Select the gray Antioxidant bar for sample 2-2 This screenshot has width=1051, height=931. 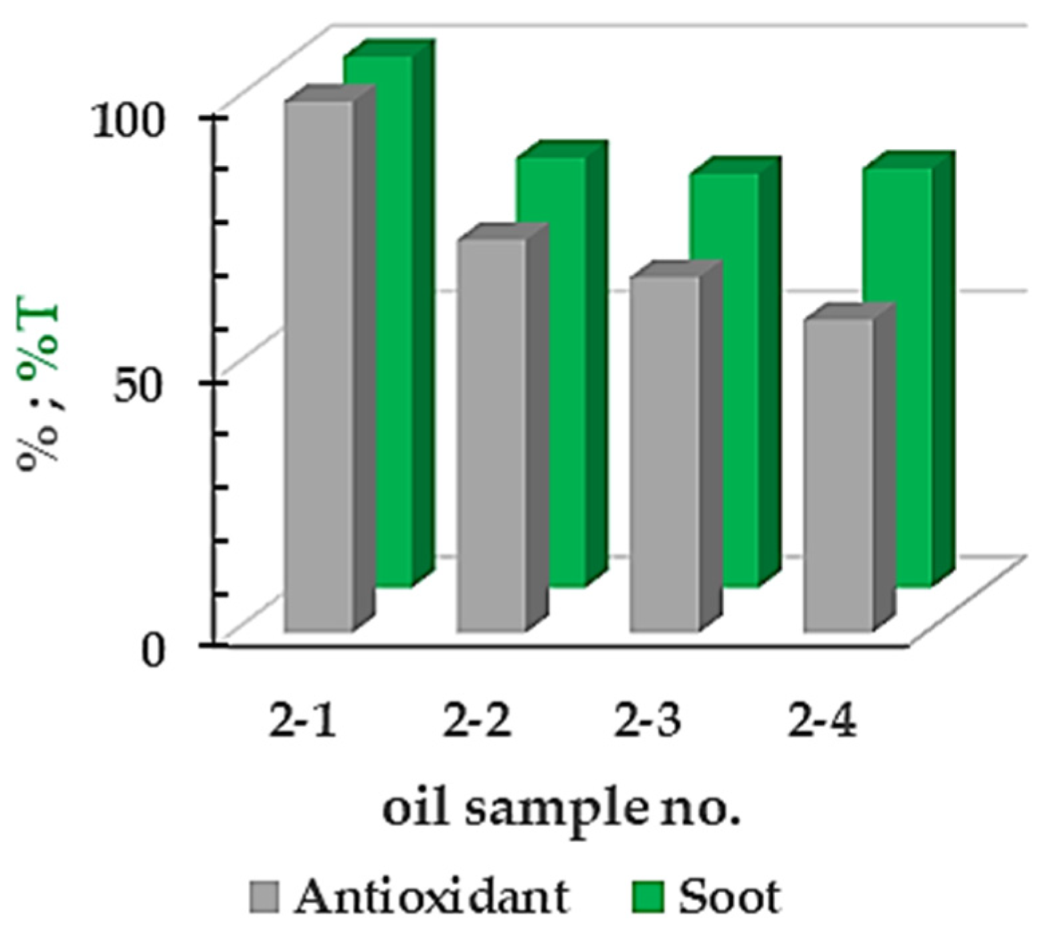pyautogui.click(x=492, y=435)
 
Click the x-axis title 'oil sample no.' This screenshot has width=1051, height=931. pyautogui.click(x=562, y=812)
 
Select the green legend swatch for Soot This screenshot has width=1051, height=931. pyautogui.click(x=647, y=897)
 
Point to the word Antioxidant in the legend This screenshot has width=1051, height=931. pyautogui.click(x=432, y=896)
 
